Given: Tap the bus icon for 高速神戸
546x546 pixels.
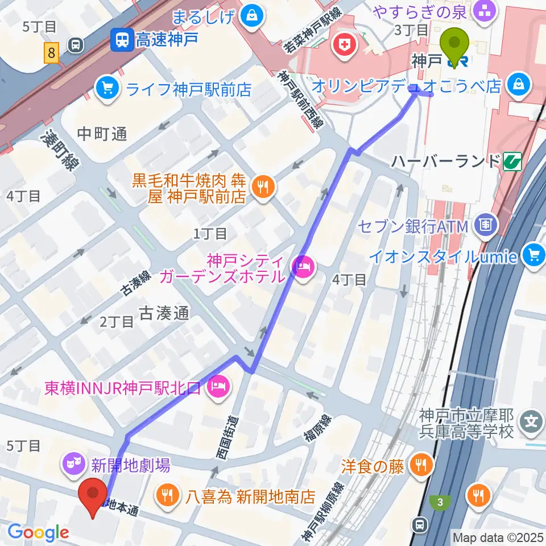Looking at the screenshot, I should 121,39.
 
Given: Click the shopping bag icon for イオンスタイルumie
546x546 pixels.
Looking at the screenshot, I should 534,255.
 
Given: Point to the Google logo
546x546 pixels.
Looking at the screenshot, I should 38,532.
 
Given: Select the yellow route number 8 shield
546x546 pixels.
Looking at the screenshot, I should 52,54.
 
